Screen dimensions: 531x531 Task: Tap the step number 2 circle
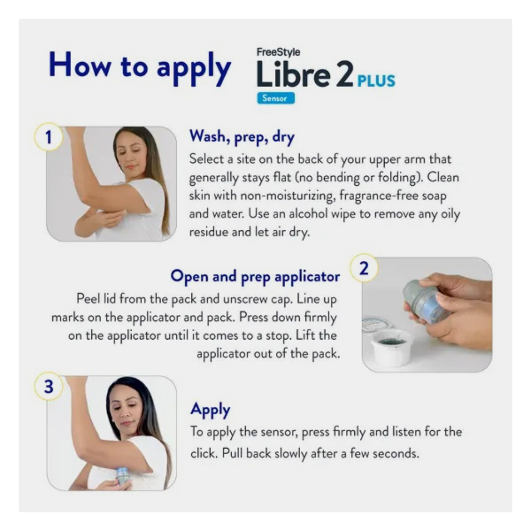coord(365,269)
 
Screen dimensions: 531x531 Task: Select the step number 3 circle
coord(48,388)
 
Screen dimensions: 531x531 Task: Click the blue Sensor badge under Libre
coord(275,98)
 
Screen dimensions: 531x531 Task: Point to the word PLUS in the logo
coord(376,81)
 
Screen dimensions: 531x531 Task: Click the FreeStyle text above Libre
coord(278,52)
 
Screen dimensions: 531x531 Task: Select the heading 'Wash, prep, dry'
coord(242,137)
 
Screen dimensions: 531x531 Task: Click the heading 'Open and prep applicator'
coord(255,276)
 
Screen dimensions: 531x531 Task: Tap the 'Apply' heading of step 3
coord(210,410)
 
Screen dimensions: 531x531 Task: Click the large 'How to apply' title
coord(140,66)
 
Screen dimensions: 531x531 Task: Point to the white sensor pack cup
coord(392,346)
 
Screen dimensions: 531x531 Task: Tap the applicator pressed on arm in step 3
coord(122,476)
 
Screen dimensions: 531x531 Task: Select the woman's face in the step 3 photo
coord(124,407)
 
